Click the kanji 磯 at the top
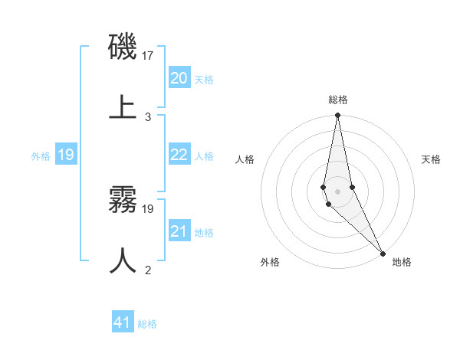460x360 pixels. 123,47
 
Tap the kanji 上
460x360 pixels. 123,106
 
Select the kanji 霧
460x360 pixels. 123,201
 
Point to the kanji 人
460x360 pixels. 123,260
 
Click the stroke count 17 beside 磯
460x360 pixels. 149,56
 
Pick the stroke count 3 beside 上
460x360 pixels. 148,116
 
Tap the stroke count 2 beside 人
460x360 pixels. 148,270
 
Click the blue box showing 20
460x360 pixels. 179,78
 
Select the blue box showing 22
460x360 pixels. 179,155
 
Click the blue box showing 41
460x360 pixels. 123,322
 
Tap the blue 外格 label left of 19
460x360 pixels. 41,156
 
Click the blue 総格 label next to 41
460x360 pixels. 147,324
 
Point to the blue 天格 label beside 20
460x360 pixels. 204,80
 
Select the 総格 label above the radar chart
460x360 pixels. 338,100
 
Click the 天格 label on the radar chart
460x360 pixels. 432,159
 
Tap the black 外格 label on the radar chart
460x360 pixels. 270,262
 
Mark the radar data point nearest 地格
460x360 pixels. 383,253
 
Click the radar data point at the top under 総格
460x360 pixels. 337,116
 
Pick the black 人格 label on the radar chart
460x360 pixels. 245,159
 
